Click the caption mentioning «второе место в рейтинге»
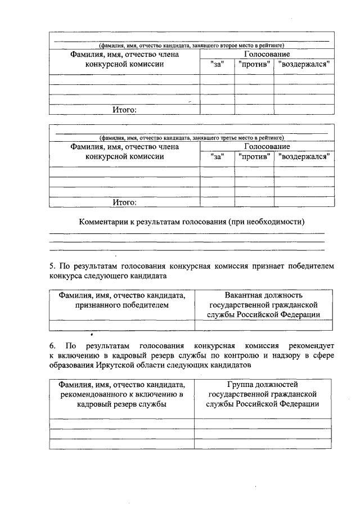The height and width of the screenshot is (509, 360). click(x=191, y=45)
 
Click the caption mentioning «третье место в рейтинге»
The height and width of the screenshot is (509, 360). click(x=191, y=137)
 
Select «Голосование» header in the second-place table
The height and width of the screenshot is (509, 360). click(x=267, y=55)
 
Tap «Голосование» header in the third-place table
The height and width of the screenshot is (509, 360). click(x=267, y=147)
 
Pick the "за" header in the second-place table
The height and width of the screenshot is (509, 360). click(x=217, y=65)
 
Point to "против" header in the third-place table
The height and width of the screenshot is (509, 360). click(x=254, y=157)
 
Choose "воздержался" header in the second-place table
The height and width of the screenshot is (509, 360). click(x=304, y=65)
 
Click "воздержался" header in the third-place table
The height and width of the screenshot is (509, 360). click(x=304, y=157)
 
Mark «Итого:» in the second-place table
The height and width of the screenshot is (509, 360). click(x=124, y=110)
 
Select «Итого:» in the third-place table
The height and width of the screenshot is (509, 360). click(x=124, y=202)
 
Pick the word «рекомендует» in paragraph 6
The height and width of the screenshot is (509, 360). click(x=311, y=344)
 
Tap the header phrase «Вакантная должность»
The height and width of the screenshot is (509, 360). click(x=263, y=295)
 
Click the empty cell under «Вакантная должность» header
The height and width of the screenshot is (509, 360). click(x=263, y=325)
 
